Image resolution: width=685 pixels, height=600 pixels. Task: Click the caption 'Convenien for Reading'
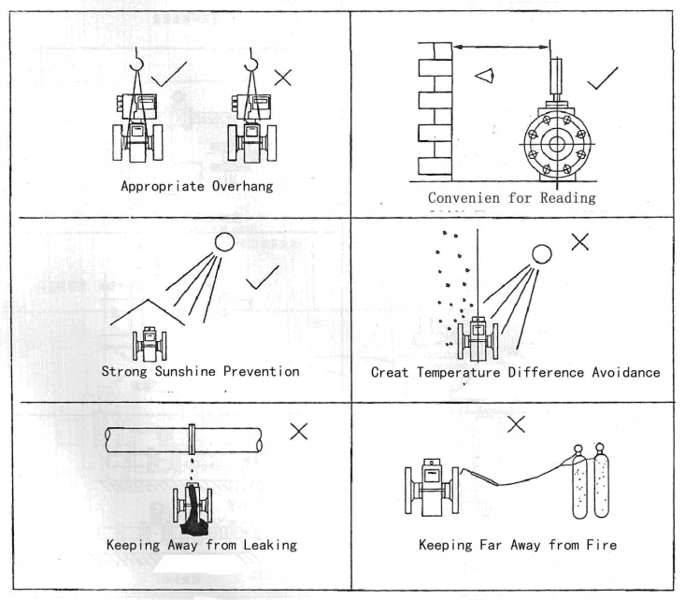coord(511,198)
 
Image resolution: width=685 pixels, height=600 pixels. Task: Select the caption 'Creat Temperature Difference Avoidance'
coord(515,372)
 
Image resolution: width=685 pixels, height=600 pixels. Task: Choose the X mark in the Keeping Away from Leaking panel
coord(299,431)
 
